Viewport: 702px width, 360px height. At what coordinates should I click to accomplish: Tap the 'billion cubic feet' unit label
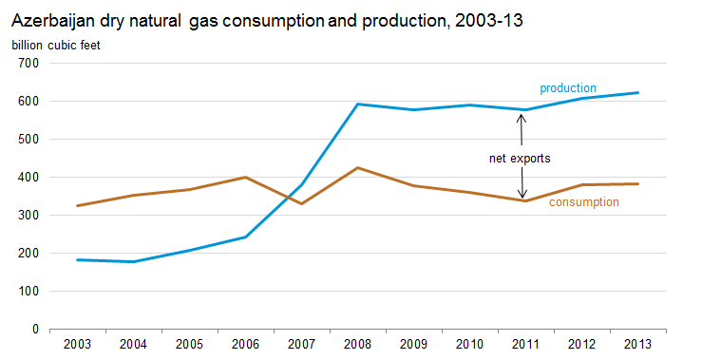56,46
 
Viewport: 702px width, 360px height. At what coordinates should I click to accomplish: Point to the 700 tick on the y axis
28,63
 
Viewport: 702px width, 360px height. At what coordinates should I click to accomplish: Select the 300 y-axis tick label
28,216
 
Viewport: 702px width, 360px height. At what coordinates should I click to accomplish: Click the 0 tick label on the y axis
35,330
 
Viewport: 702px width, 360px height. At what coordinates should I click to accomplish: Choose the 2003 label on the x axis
77,345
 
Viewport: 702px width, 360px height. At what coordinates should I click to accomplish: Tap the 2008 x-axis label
357,345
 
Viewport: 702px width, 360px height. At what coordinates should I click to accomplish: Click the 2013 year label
637,345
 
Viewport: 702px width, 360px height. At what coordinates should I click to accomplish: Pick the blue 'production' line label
568,88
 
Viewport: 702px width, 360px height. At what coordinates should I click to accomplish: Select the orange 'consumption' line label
584,202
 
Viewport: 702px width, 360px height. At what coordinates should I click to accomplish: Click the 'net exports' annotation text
520,159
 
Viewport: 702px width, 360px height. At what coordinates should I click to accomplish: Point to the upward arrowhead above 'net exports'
522,118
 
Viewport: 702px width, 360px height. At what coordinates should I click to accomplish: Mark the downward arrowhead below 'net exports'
522,195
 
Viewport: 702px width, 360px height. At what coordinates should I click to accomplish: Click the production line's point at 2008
357,104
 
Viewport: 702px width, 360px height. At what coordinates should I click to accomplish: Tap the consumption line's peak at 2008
357,168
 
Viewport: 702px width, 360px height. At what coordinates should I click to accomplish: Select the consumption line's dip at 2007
301,203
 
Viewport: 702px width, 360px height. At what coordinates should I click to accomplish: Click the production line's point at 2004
133,261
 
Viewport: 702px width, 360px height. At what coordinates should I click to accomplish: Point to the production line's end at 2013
637,93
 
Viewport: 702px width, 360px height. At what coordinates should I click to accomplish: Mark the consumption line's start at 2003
77,206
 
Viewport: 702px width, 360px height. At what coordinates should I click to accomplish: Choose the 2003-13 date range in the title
489,21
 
